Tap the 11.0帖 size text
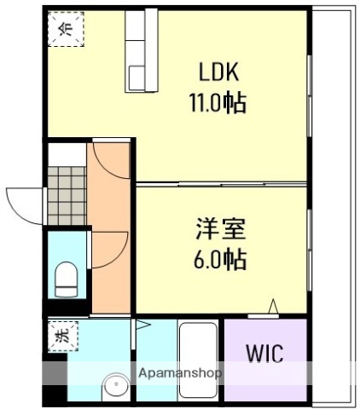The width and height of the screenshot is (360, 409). pos(218,105)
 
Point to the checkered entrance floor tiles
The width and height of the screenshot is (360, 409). pos(67,192)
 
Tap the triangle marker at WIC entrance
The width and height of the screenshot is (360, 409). pos(274,306)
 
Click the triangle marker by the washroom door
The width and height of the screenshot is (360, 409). pos(142,325)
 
